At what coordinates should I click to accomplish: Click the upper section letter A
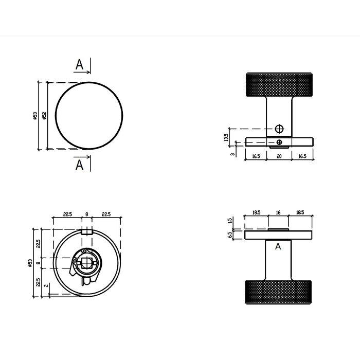79,65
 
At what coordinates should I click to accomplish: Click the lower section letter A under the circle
79,165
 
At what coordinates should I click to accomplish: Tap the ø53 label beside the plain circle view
34,116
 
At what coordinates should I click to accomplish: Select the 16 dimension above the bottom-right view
278,211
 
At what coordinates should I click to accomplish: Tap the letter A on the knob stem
278,247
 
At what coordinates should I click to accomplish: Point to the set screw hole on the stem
279,128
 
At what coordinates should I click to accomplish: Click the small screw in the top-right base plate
279,141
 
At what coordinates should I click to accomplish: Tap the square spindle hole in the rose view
87,264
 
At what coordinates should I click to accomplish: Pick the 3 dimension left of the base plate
233,153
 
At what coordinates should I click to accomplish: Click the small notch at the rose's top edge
87,232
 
